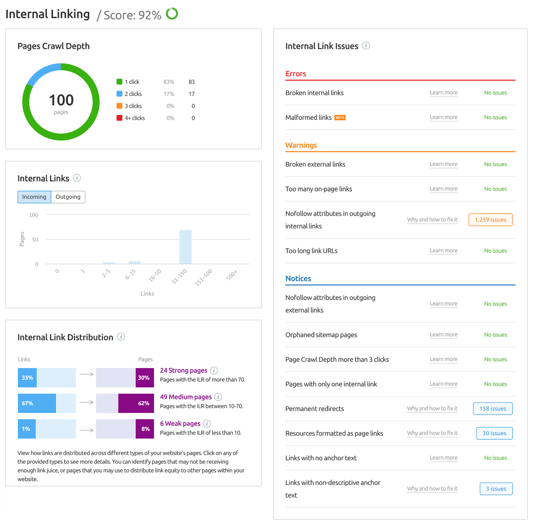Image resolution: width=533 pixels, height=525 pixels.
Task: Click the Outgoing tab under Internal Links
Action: click(68, 197)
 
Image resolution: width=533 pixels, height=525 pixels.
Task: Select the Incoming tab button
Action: click(34, 197)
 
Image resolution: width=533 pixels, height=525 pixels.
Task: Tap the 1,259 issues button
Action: click(490, 220)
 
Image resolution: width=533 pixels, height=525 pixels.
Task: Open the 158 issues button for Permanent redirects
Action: click(493, 409)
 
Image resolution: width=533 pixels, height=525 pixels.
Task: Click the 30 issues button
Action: click(494, 433)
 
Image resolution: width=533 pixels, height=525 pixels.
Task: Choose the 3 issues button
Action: click(496, 489)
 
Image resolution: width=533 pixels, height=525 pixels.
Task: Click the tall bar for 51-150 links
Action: click(186, 247)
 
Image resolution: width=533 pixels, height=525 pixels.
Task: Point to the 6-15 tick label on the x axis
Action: click(131, 274)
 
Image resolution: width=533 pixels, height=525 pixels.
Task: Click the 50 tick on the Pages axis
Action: click(35, 240)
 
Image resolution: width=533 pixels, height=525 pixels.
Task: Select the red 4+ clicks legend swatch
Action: click(119, 118)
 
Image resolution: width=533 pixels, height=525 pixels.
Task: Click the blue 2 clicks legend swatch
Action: click(119, 94)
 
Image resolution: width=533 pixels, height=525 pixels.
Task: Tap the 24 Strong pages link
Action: click(184, 370)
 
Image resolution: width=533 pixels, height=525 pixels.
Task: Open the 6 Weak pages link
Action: click(180, 424)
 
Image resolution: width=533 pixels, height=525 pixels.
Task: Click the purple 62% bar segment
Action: click(136, 403)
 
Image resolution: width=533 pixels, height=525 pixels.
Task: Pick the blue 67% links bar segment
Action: click(37, 403)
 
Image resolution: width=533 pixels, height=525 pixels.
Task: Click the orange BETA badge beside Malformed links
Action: click(340, 117)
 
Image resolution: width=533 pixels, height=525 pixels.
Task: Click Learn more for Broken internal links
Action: click(443, 92)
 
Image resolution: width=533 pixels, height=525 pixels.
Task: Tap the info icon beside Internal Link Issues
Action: click(366, 46)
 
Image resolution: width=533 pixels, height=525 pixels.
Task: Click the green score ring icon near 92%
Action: click(172, 14)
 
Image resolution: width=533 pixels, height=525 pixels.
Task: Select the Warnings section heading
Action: click(301, 145)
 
